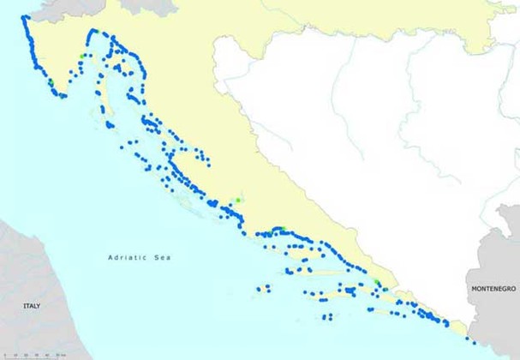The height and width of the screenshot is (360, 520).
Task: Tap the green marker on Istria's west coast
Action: click(51, 81)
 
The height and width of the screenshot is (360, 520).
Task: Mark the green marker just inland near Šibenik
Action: click(237, 201)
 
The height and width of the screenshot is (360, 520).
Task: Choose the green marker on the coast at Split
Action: click(276, 230)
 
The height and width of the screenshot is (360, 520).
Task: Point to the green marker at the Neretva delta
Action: click(378, 283)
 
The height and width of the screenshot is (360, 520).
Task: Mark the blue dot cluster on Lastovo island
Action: click(326, 317)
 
